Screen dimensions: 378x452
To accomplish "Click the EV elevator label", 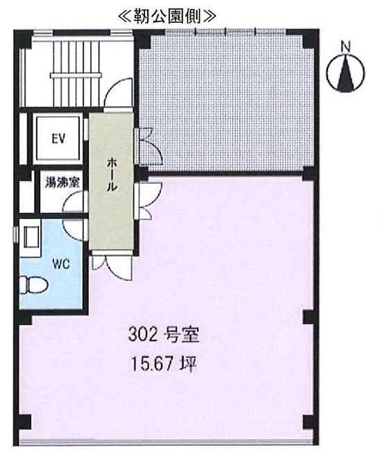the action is coord(58,139).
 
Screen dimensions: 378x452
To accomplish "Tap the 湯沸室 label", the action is coord(62,182).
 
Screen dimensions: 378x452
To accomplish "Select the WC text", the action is coord(61,263).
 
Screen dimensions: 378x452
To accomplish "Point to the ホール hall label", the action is coord(112,175).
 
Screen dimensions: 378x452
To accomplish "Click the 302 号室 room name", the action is coord(164,335).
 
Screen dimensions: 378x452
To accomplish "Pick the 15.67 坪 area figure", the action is coord(164,364).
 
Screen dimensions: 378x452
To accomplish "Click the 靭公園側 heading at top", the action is coord(167,17).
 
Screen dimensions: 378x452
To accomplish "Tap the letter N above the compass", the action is coord(345,46).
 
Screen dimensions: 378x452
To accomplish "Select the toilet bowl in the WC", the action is coord(33,285).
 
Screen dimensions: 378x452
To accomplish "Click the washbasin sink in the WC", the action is coord(31,237).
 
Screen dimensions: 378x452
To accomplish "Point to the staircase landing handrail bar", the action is coord(76,76).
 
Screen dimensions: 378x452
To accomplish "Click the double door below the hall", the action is coord(112,266).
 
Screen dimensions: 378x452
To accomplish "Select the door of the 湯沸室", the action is coord(74,202).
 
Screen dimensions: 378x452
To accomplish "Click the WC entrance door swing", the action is coord(74,230).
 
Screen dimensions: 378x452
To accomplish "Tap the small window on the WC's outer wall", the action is coord(15,233).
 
